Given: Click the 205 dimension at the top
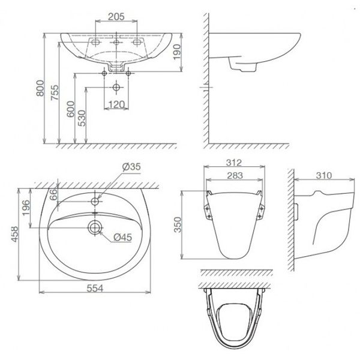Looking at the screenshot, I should click(x=118, y=16).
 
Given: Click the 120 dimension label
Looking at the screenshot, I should click(x=116, y=106).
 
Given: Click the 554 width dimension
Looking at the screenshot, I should click(x=94, y=289).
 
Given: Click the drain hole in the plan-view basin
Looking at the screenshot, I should click(x=94, y=227).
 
